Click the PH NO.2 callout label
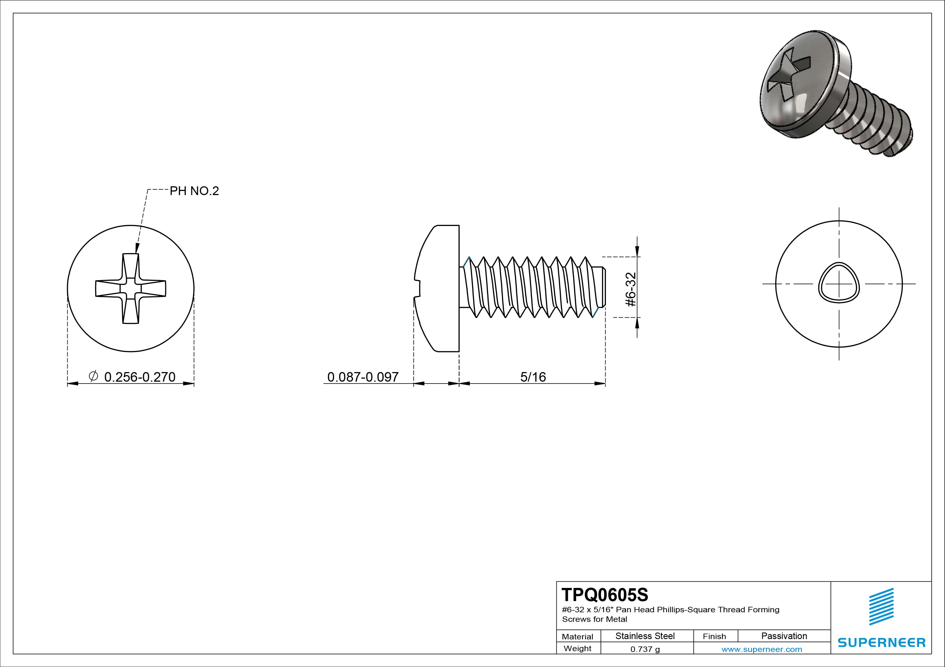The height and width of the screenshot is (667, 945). [194, 191]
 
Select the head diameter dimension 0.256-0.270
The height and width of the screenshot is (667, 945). [140, 377]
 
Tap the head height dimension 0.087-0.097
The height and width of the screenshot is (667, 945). [363, 377]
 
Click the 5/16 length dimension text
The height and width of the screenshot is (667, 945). [533, 377]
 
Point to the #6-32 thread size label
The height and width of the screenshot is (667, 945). [631, 289]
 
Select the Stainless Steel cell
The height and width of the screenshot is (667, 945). [645, 636]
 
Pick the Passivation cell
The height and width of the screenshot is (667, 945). [784, 636]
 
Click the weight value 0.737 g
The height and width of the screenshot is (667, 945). [645, 649]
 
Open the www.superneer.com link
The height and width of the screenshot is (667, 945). [762, 649]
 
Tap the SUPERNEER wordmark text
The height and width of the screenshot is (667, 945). [882, 643]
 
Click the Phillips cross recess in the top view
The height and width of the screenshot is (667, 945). [131, 288]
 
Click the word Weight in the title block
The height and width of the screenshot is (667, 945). [577, 648]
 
